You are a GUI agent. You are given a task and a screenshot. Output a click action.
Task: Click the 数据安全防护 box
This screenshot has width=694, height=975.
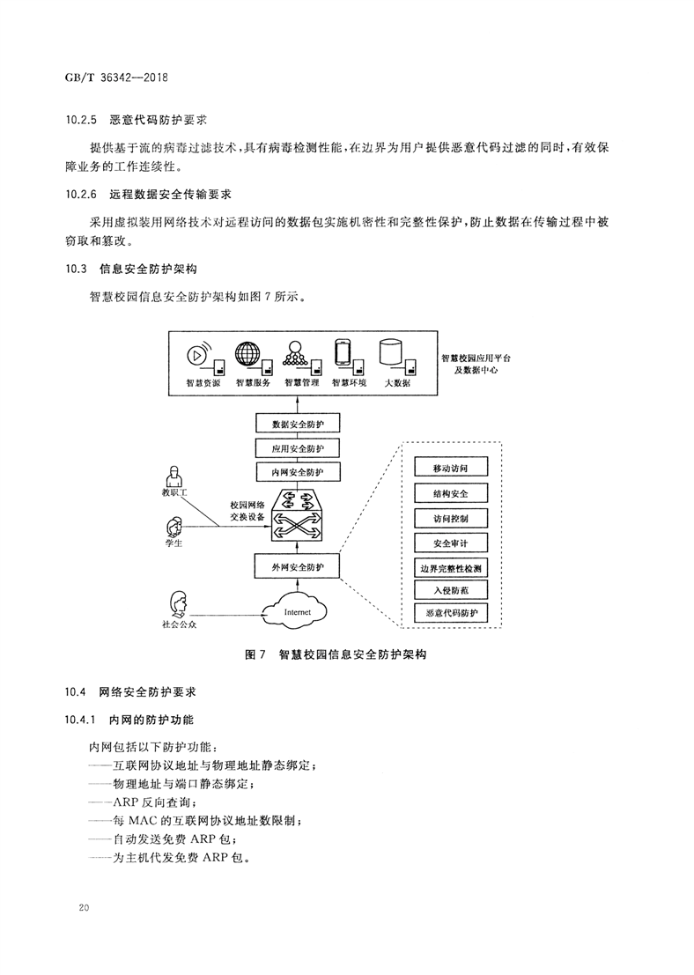(x=298, y=425)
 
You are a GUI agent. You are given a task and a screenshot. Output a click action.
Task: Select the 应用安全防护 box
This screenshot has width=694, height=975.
(x=298, y=448)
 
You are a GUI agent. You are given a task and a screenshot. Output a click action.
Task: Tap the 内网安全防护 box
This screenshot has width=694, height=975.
(x=298, y=473)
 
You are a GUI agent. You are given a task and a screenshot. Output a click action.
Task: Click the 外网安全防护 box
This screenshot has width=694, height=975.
(x=298, y=565)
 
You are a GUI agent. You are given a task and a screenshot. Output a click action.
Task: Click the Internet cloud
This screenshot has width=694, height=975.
(x=297, y=610)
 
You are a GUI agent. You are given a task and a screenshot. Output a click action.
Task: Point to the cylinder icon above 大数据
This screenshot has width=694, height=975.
(x=390, y=352)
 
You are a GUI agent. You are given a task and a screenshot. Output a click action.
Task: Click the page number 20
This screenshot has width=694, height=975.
(x=84, y=907)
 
